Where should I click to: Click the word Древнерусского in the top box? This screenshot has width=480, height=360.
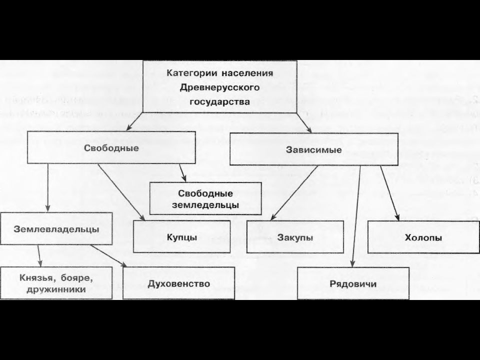tap(220, 88)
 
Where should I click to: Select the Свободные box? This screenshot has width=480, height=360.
tap(111, 147)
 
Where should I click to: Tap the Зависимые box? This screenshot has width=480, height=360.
tap(314, 149)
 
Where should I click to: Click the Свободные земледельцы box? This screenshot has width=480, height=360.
tap(205, 198)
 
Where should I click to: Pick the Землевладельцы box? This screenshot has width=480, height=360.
tap(56, 228)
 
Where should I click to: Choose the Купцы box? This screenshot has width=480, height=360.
tap(182, 236)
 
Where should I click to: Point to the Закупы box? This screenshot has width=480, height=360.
tap(295, 237)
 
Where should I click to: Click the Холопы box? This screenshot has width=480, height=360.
tap(423, 237)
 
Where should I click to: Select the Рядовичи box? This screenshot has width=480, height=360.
tap(353, 283)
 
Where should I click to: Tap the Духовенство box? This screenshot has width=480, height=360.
tap(179, 283)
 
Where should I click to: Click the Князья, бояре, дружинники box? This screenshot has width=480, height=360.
tap(56, 283)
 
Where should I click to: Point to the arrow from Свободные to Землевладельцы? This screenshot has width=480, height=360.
tap(48, 187)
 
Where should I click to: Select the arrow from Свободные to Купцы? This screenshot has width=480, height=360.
tap(121, 192)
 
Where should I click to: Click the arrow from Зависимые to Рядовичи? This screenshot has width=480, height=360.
tap(356, 216)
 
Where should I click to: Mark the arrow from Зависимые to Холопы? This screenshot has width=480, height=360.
tap(389, 193)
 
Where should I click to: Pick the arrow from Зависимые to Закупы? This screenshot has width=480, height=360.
tap(294, 193)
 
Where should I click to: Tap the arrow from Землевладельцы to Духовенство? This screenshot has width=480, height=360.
tap(108, 256)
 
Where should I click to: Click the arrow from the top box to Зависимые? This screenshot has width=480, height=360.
tap(304, 122)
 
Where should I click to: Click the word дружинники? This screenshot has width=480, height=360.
tap(56, 289)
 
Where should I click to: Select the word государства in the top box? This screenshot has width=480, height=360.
tap(220, 102)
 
